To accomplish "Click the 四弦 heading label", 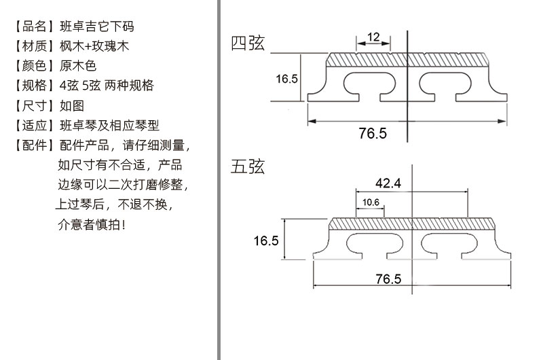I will coord(248,44).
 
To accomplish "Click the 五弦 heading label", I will coord(248,167).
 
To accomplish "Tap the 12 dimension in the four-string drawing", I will coord(373,37).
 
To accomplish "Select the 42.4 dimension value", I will coord(388,183).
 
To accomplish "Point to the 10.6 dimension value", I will coord(370,202).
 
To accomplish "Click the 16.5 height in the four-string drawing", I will coord(286,79).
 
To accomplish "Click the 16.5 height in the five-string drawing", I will coord(266,240).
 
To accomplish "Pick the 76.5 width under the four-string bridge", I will coord(373,134).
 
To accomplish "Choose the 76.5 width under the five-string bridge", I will coord(388,279).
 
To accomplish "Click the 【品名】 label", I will coord(33,26).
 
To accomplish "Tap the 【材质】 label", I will coord(33,46).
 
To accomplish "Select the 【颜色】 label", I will coord(33,66).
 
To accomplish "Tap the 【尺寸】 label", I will coord(33,105).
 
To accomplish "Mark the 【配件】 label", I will coord(33,145).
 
